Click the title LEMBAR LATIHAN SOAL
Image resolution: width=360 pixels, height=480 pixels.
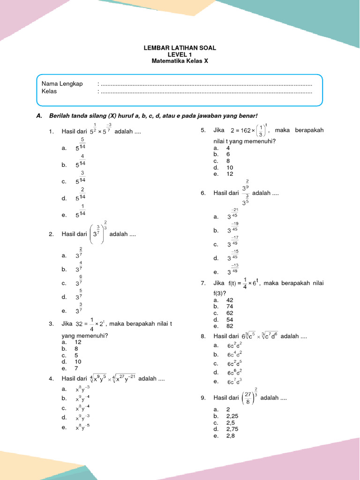[180, 48]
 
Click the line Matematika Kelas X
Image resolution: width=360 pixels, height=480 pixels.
[180, 61]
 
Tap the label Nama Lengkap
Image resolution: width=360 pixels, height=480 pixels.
[62, 84]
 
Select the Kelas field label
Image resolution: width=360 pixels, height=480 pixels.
[49, 91]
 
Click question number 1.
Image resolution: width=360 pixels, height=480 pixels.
[51, 132]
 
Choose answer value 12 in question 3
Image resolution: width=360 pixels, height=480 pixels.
[78, 342]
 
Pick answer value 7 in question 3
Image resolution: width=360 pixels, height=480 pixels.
[76, 368]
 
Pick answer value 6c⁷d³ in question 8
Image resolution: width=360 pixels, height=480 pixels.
[234, 382]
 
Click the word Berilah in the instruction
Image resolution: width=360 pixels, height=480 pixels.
[60, 116]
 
